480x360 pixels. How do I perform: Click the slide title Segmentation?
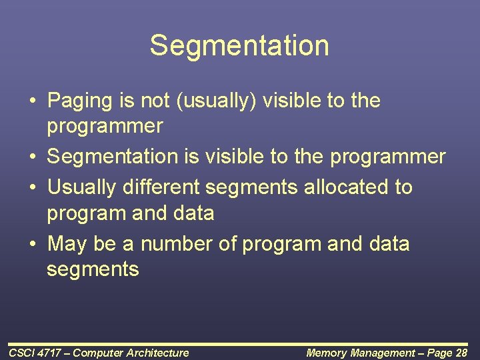tap(239, 46)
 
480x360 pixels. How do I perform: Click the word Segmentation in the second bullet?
tap(112, 157)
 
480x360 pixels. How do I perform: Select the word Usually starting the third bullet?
tap(82, 187)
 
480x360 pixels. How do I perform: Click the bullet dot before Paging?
tap(32, 102)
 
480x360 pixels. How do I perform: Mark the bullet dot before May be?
tap(32, 245)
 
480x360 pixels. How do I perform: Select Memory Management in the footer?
tap(359, 353)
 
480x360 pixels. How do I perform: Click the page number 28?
tap(461, 353)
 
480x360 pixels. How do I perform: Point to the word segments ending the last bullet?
tap(93, 270)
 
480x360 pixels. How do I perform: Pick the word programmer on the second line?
tap(105, 127)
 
